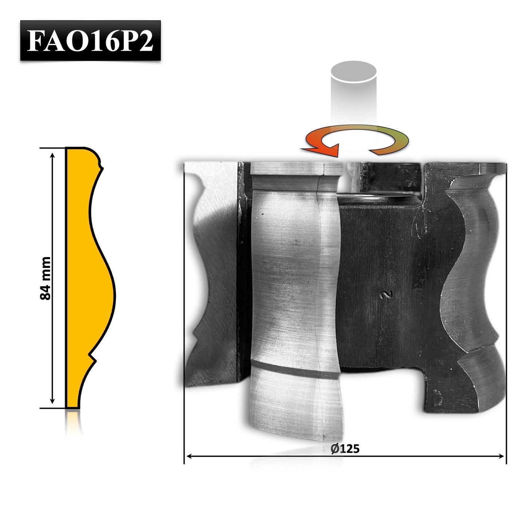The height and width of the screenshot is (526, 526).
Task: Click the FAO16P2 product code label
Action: [90, 40]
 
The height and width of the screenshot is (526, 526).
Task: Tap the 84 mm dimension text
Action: [45, 278]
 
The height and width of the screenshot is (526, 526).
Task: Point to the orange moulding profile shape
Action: [87, 278]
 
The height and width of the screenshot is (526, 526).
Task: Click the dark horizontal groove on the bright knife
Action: [295, 370]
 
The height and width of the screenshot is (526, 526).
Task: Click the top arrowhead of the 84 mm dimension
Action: [52, 155]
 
